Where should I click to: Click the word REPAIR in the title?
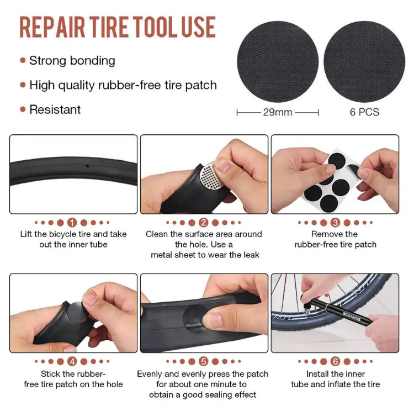(x=52, y=27)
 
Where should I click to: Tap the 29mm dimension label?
(x=278, y=112)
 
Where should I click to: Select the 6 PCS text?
(x=364, y=112)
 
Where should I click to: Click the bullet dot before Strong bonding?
(x=23, y=61)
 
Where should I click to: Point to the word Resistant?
(x=55, y=109)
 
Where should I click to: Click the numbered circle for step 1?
(x=72, y=223)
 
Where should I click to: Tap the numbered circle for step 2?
(x=203, y=223)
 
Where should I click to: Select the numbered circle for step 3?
(x=335, y=223)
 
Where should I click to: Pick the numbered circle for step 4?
(x=72, y=361)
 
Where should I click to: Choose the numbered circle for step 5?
(x=203, y=361)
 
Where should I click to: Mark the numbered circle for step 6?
(x=335, y=361)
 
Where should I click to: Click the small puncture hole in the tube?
(x=87, y=166)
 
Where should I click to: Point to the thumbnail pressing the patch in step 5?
(x=213, y=319)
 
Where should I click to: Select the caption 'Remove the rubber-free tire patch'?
(x=335, y=239)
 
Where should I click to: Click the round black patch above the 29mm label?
(x=278, y=61)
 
